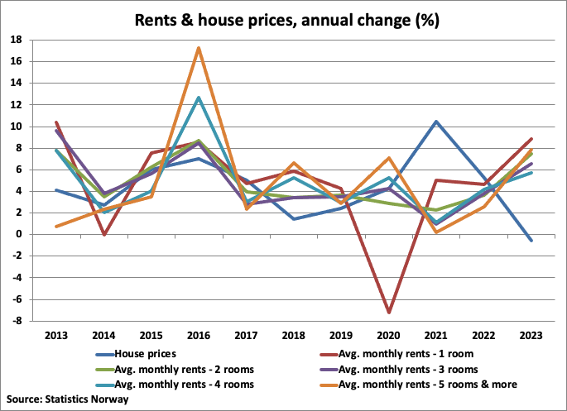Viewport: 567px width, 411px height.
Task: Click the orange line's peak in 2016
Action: click(199, 48)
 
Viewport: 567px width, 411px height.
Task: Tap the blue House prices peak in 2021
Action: click(435, 122)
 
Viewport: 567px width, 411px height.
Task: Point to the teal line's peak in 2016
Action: click(199, 98)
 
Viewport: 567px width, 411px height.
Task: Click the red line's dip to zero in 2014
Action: click(103, 235)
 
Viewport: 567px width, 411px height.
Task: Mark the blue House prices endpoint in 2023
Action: click(531, 241)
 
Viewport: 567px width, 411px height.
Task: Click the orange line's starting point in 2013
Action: click(56, 227)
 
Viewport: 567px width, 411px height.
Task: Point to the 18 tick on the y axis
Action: click(18, 40)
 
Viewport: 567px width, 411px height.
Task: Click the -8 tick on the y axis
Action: click(18, 321)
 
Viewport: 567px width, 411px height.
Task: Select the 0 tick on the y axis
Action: click(21, 234)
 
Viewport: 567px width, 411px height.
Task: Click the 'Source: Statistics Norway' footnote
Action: click(67, 399)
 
